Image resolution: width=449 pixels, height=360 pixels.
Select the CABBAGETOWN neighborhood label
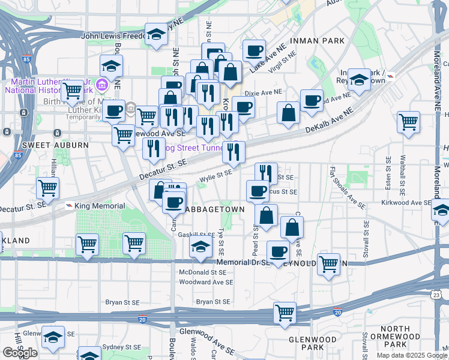215,209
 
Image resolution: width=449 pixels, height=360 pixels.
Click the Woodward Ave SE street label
205,282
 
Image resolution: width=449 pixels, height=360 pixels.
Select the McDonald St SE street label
202,272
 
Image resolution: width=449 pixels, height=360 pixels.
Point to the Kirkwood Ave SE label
406,203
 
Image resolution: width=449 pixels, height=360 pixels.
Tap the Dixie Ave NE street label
264,93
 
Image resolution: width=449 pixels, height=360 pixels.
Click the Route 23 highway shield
436,294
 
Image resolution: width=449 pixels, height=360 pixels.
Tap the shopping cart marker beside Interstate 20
285,312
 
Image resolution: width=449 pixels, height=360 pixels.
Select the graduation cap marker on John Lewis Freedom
156,34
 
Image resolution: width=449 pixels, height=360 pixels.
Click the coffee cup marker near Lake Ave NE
254,50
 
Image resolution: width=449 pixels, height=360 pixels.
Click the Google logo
20,353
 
